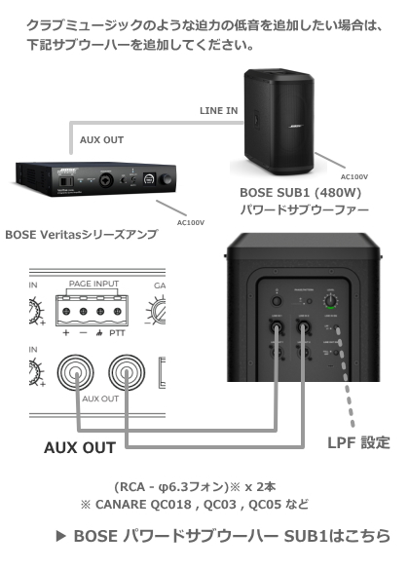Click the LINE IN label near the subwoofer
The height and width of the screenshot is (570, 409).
coord(218,111)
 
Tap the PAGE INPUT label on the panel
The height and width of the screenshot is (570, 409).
coord(93,283)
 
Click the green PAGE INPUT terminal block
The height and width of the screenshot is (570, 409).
coord(93,312)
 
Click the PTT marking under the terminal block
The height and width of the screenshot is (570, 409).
coord(123,332)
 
